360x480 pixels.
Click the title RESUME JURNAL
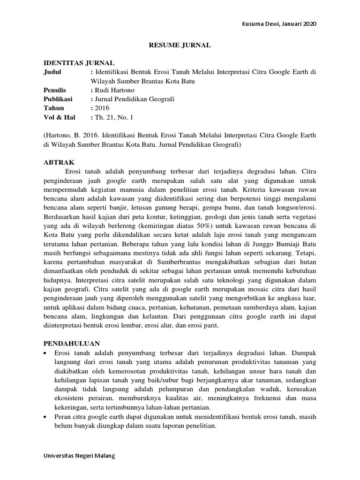pyautogui.click(x=180, y=45)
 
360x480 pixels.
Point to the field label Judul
pyautogui.click(x=52, y=72)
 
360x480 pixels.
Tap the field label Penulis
pyautogui.click(x=55, y=90)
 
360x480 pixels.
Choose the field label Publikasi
pyautogui.click(x=59, y=98)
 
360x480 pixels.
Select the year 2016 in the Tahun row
pyautogui.click(x=102, y=108)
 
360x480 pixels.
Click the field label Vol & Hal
pyautogui.click(x=59, y=117)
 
